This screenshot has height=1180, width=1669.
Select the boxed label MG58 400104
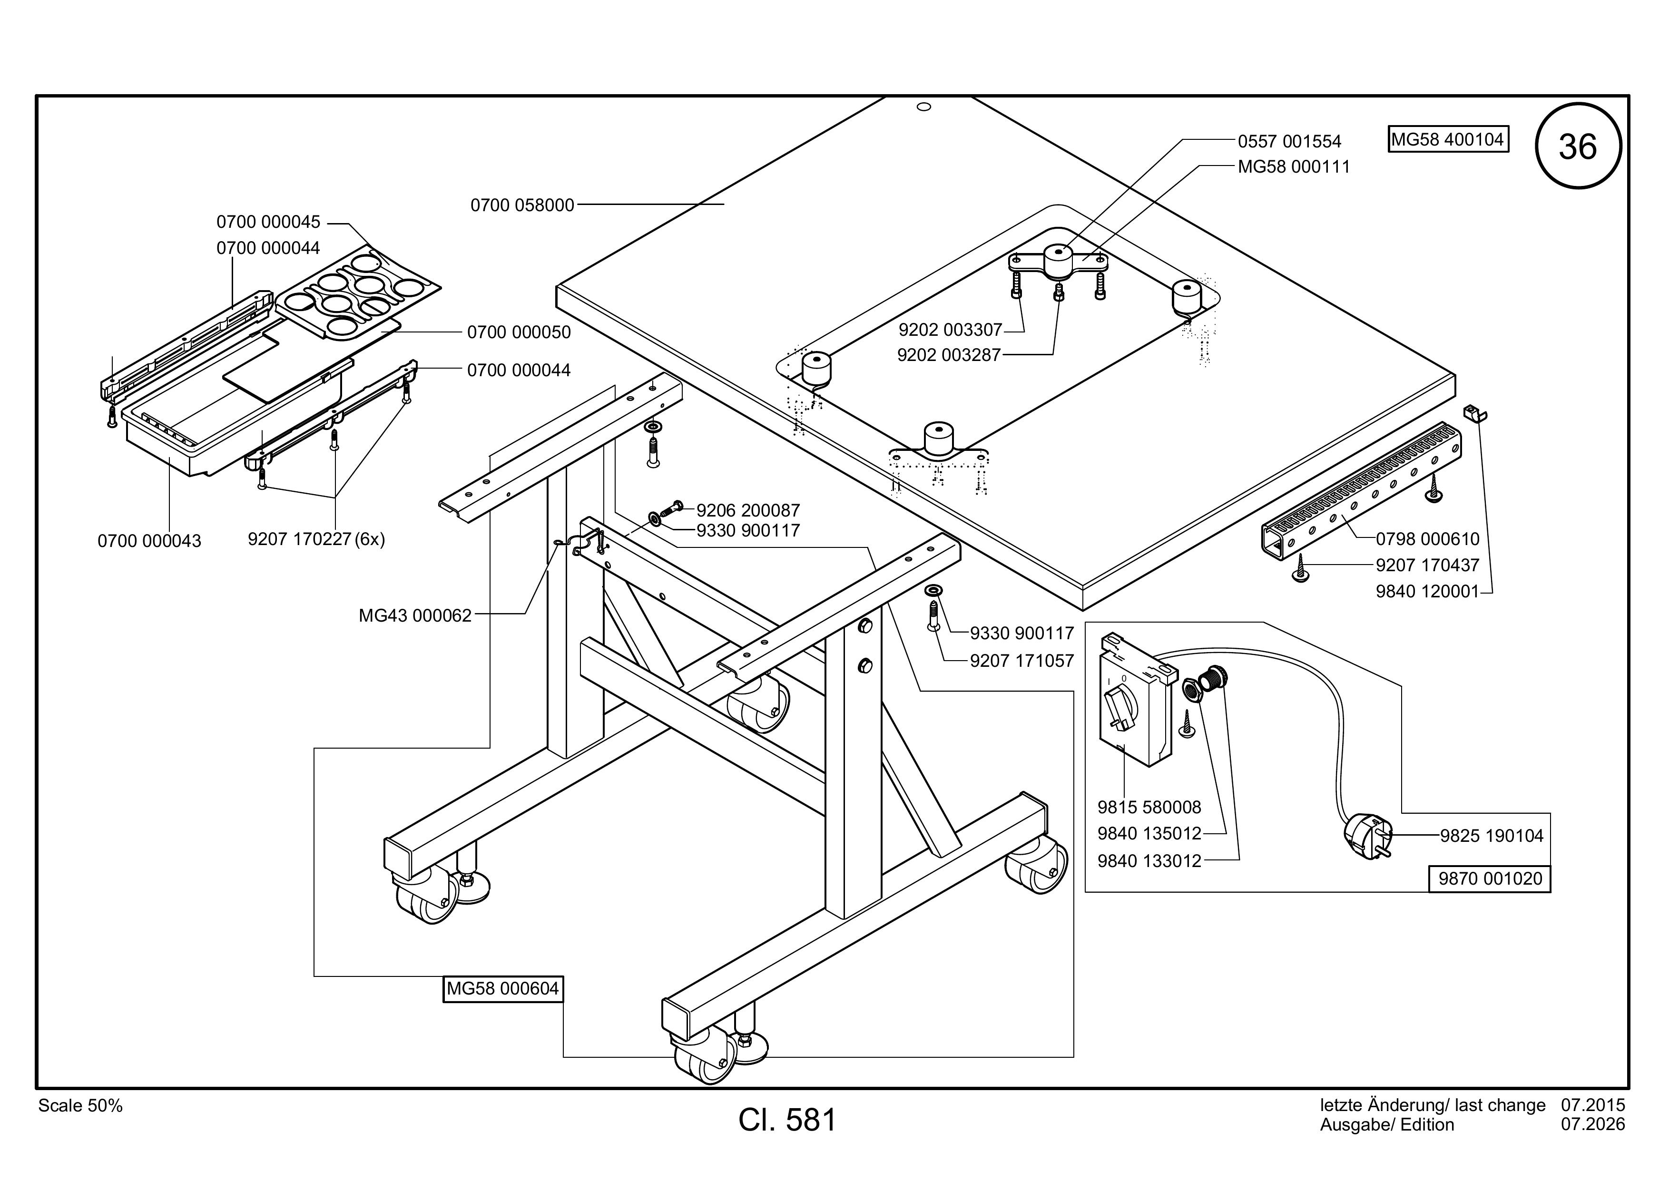[1448, 139]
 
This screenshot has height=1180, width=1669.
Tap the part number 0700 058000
[523, 205]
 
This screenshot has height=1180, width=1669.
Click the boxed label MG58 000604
[503, 989]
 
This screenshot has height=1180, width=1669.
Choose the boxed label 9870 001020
[1490, 878]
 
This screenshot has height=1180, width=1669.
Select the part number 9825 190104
[1492, 836]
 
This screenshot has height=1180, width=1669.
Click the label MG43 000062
[415, 615]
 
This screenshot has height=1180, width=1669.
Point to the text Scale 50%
[81, 1106]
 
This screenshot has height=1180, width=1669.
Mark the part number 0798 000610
[1428, 539]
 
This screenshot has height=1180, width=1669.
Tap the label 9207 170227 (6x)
[316, 539]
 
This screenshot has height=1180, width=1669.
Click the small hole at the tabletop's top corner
[924, 107]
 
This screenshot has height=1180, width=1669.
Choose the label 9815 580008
[1149, 807]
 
